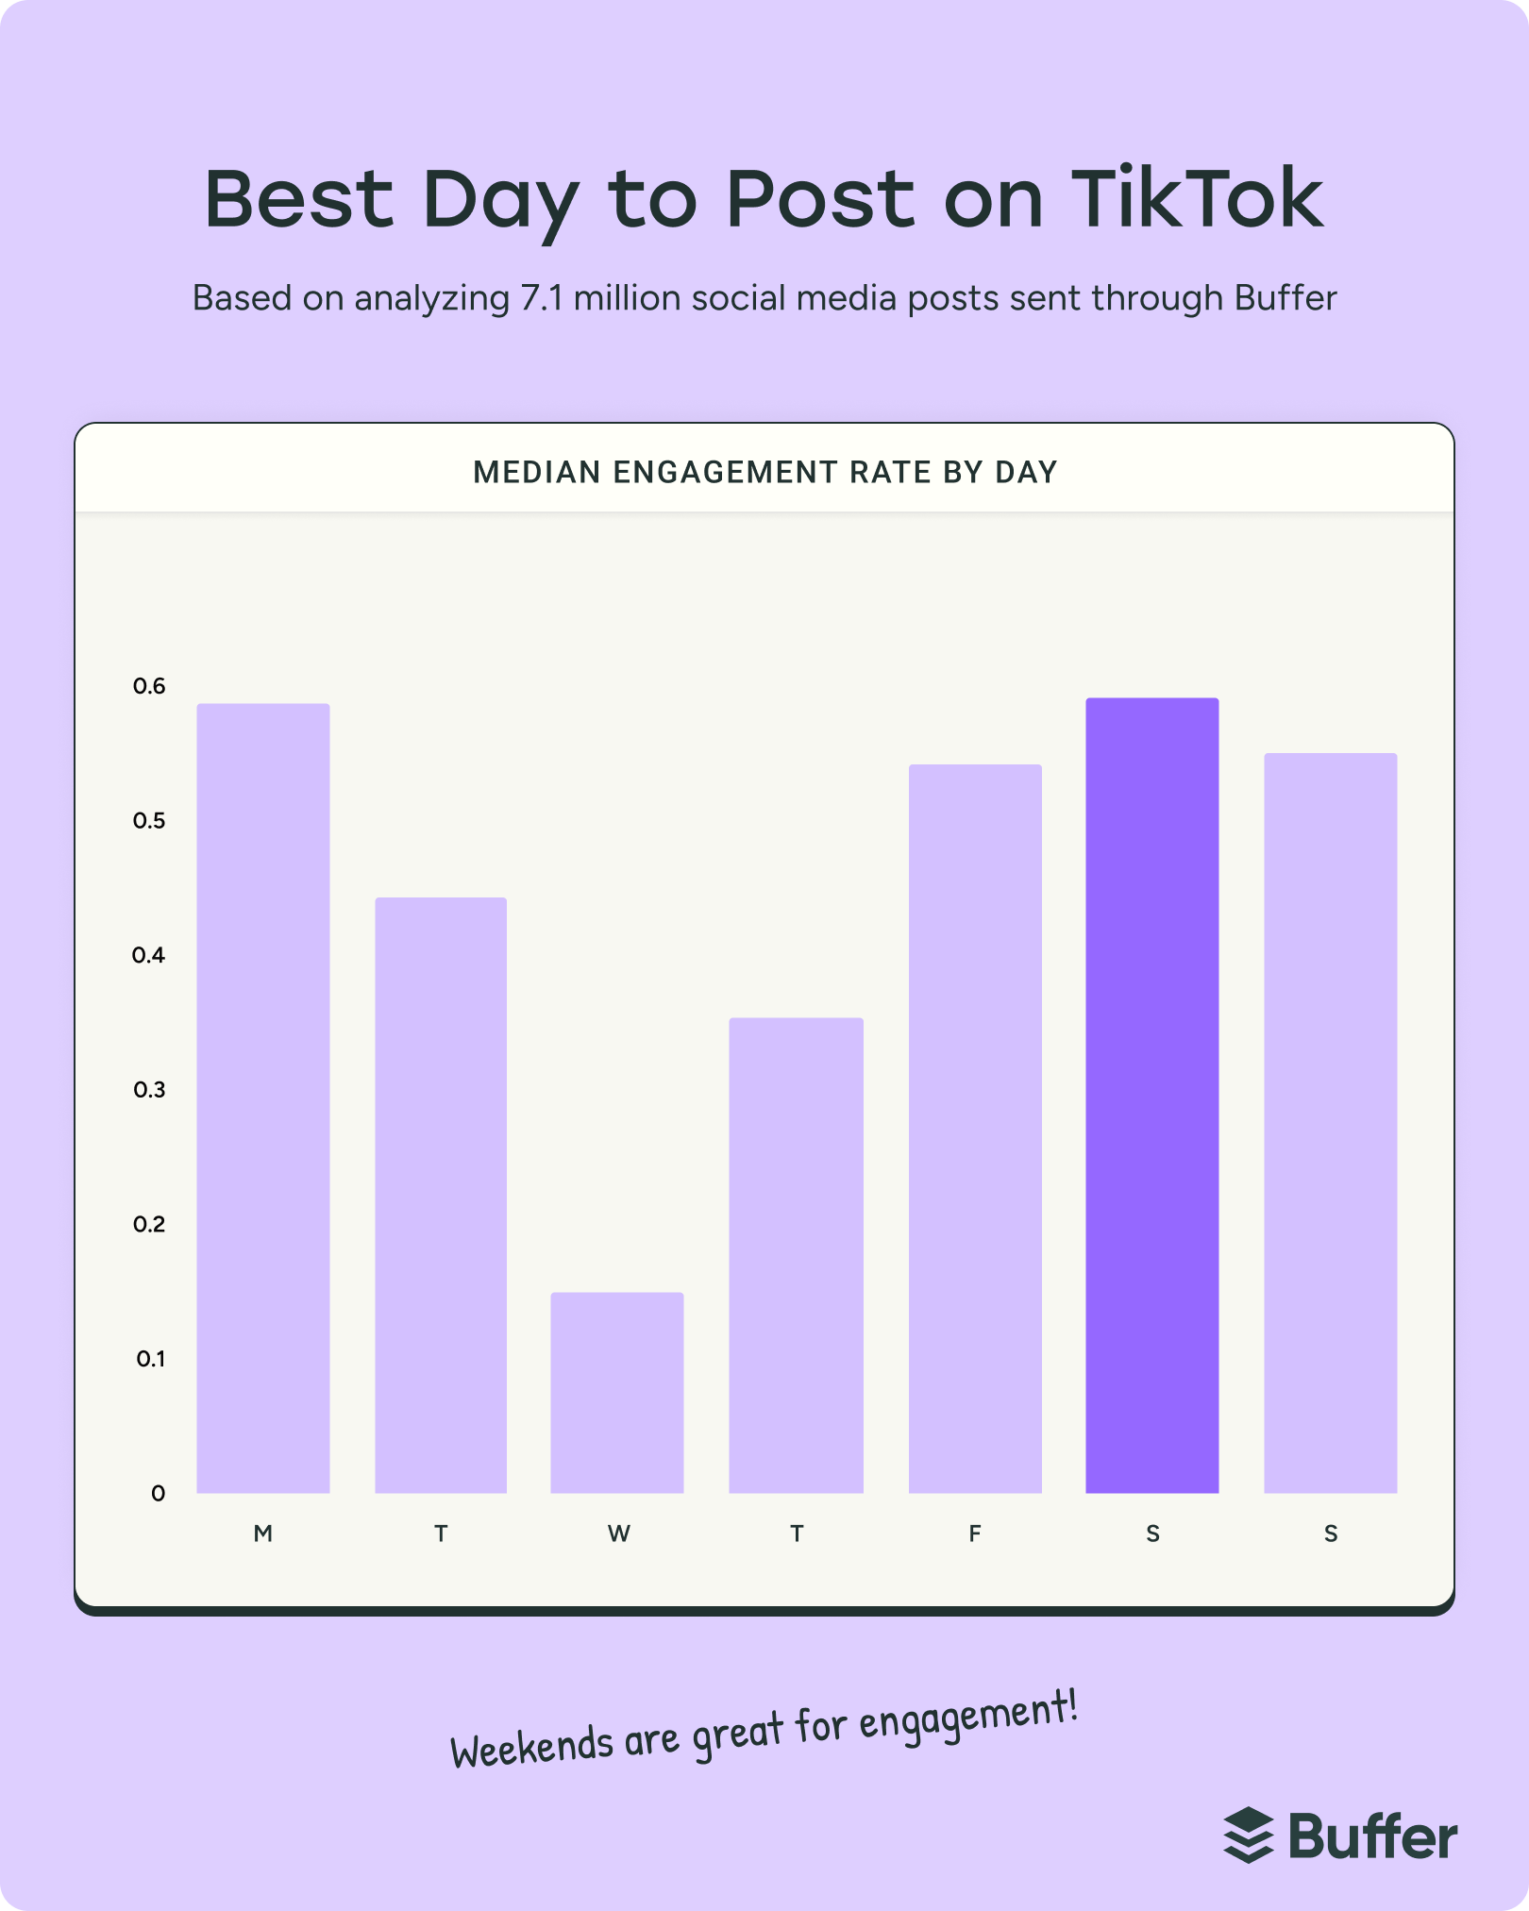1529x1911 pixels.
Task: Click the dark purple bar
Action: tap(1151, 1095)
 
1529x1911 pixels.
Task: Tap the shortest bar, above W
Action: tap(617, 1392)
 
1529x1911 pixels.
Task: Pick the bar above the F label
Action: tap(975, 1128)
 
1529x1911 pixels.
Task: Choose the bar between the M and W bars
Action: tap(441, 1194)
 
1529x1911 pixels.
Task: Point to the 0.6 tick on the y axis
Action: tap(149, 686)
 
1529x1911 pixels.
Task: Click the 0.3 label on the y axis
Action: tap(149, 1090)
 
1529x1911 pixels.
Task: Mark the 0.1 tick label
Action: tap(150, 1359)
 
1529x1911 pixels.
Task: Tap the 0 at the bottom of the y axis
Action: tap(158, 1493)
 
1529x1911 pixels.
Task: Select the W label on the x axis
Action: tap(618, 1534)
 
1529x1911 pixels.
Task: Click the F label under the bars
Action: tap(975, 1534)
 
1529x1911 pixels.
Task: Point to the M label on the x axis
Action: tap(263, 1534)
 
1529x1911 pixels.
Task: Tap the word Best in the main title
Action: tap(299, 199)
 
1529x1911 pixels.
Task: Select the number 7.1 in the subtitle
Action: tap(542, 298)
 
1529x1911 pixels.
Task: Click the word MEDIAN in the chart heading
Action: tap(536, 472)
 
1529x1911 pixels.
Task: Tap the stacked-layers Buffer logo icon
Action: tap(1249, 1836)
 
